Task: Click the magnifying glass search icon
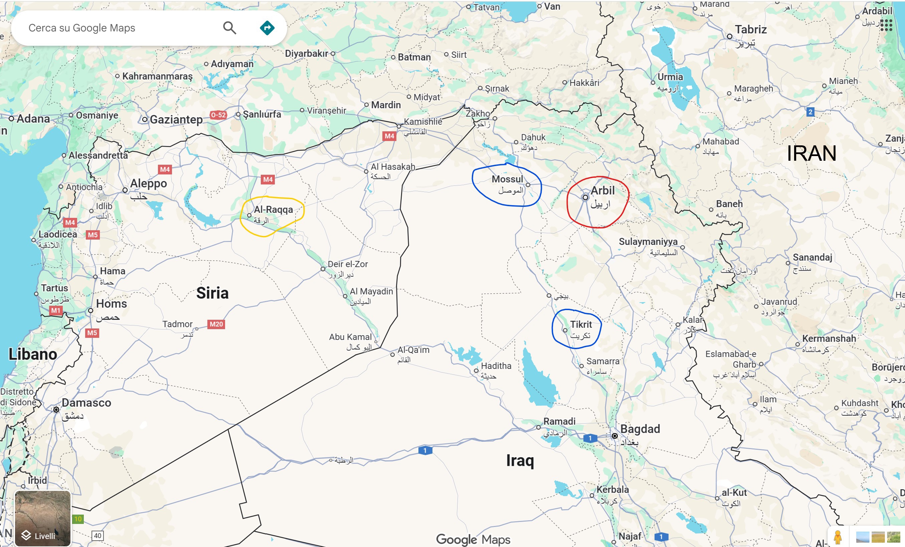[229, 28]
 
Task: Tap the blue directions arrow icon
[267, 28]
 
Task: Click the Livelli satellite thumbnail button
[43, 518]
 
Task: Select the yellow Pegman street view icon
[838, 537]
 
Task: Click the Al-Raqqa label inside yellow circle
[273, 210]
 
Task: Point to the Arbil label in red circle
[602, 190]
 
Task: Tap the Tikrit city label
[581, 324]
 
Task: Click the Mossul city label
[507, 179]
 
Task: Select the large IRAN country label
[811, 153]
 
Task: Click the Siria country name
[212, 293]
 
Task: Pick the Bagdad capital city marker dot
[614, 436]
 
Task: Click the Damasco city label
[86, 403]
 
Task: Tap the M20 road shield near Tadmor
[216, 324]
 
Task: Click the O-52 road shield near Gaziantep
[218, 115]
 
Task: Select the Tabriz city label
[751, 29]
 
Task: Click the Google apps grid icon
[886, 25]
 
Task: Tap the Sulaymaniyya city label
[648, 242]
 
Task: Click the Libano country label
[33, 354]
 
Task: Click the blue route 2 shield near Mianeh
[810, 112]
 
